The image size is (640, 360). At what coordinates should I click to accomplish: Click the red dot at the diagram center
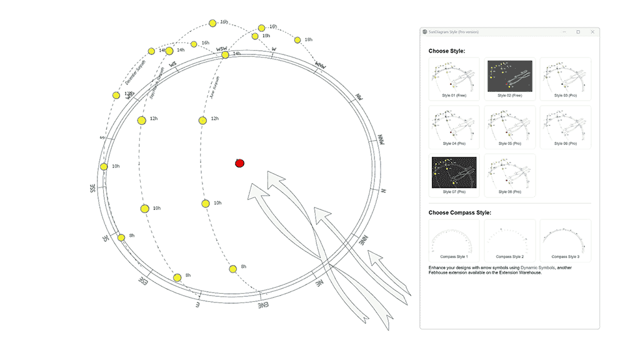239,163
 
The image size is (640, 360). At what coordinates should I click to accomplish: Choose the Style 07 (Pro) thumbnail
454,173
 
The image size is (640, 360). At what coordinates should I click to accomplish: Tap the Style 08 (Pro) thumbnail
509,173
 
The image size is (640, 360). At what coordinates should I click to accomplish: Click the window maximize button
577,32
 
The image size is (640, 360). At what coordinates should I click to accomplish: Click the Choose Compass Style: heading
459,212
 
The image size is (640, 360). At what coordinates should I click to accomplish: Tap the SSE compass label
93,187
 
